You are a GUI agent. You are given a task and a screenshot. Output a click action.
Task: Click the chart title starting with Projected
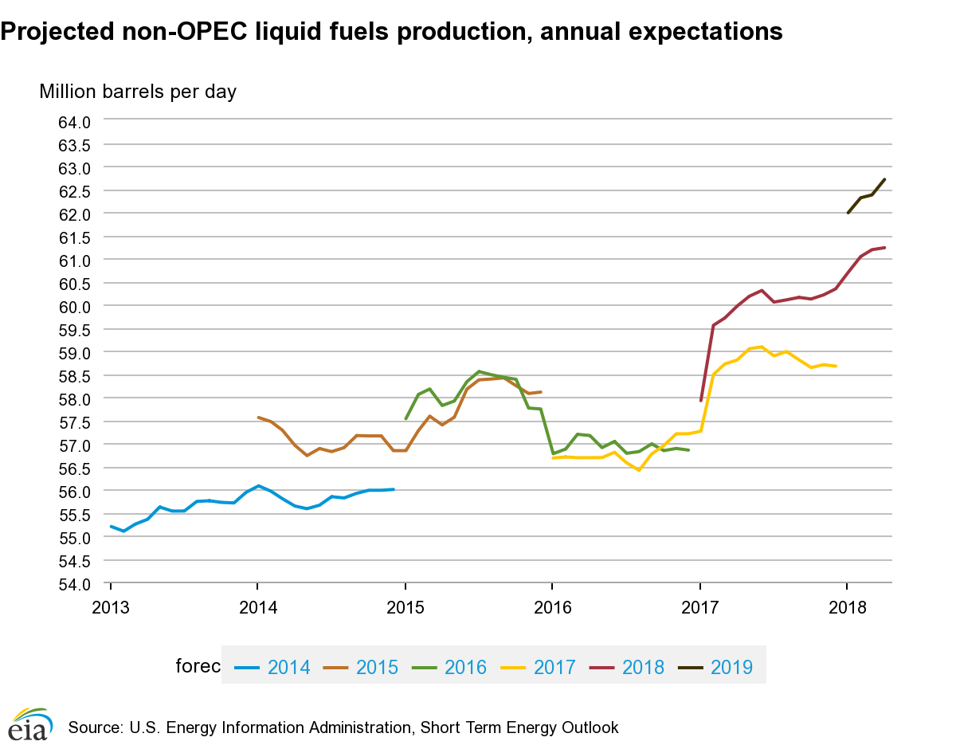[391, 31]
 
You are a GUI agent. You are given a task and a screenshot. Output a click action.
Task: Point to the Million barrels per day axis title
[138, 92]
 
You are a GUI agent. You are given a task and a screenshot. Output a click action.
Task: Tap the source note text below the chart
[343, 727]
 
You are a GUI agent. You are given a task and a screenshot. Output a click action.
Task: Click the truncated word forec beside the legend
[198, 666]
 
